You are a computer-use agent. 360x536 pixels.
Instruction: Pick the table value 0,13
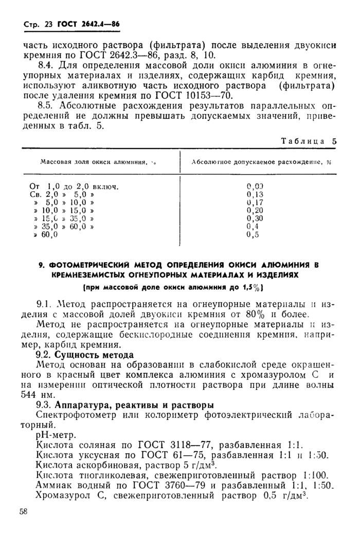255,195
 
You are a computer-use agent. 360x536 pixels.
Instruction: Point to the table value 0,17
255,202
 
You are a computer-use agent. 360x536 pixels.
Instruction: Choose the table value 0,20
255,210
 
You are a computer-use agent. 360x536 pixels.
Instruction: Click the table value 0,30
255,218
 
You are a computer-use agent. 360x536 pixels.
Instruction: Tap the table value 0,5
253,234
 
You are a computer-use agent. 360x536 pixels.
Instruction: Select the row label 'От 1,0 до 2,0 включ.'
75,187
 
